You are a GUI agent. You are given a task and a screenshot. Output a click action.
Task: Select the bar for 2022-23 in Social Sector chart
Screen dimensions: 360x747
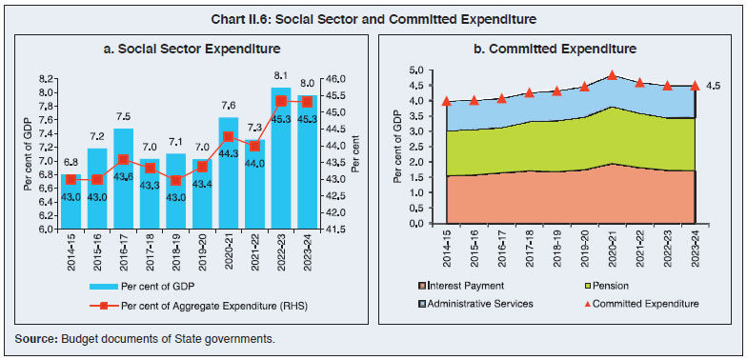point(280,162)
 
